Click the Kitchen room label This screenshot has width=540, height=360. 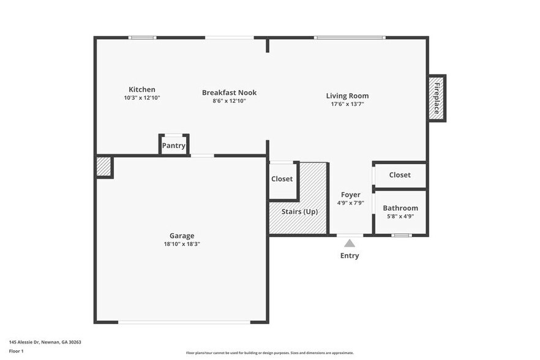point(141,89)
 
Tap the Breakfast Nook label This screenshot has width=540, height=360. point(229,92)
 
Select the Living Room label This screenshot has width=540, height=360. point(347,96)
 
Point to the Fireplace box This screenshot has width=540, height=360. point(437,98)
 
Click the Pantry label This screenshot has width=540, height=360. point(173,146)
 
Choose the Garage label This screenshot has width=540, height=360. point(182,236)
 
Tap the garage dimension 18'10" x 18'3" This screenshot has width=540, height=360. point(182,244)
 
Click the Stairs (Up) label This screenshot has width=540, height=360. point(299,211)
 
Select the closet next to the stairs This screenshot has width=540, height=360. point(282,179)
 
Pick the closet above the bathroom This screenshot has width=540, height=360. point(400,174)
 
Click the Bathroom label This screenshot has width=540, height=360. point(400,208)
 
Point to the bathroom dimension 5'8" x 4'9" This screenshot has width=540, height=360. point(400,216)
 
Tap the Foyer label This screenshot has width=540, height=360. point(351,195)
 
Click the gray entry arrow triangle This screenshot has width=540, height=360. point(349,243)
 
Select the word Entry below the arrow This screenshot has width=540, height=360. point(350,255)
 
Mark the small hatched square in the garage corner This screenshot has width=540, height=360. point(103,167)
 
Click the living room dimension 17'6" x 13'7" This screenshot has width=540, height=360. point(347,104)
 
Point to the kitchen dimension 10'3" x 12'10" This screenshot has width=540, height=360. point(141,98)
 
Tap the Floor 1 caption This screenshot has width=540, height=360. point(16,351)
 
